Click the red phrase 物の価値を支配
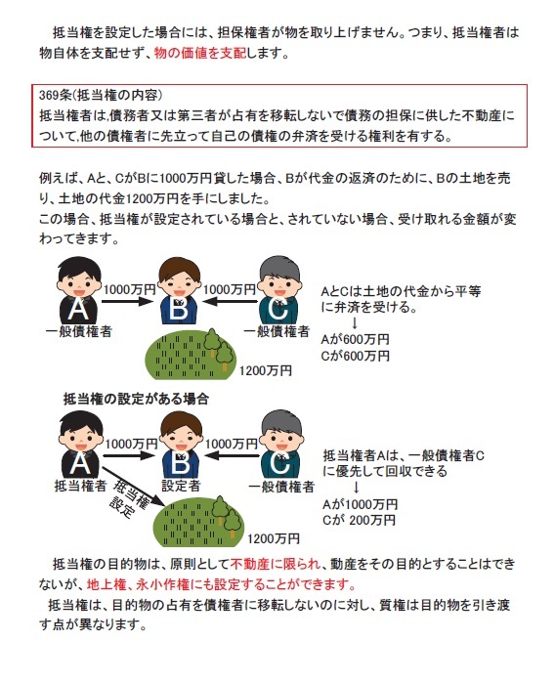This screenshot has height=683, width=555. tap(200, 54)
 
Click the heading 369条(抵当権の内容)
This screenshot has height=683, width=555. tap(101, 95)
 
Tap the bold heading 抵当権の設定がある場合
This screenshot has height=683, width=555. tap(137, 399)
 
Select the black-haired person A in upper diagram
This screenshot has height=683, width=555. tap(79, 290)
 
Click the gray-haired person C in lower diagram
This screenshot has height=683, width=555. tap(281, 445)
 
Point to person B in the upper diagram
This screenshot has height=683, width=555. tap(179, 290)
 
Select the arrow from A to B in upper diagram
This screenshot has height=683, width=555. tap(127, 301)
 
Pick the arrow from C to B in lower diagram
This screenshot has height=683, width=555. tap(231, 455)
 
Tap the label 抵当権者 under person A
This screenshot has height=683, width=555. tap(80, 486)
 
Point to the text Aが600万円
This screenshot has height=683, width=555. tap(355, 339)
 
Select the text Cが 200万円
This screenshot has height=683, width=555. tap(359, 520)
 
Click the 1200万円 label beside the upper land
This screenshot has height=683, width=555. tap(266, 370)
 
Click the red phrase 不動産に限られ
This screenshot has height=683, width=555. tap(276, 564)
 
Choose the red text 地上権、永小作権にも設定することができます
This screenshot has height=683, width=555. tap(222, 584)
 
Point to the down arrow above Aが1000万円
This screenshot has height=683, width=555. tap(356, 487)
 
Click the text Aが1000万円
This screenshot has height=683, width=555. tap(360, 504)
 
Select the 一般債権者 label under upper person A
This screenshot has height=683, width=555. tap(79, 331)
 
